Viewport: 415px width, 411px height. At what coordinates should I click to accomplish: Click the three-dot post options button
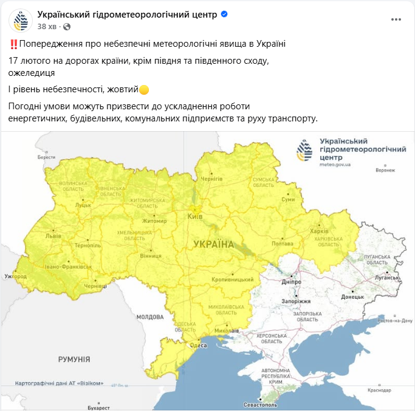(396, 19)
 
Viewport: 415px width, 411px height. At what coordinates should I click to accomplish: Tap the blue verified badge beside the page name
(224, 14)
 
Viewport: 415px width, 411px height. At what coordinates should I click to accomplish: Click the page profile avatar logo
(20, 21)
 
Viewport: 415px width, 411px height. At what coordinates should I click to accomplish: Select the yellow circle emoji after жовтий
(144, 90)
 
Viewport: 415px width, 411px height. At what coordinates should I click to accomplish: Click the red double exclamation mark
(13, 44)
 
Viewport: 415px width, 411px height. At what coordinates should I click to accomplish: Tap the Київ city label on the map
(195, 216)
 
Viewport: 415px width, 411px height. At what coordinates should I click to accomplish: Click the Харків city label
(319, 231)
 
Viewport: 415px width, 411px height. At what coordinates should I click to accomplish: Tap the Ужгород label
(15, 276)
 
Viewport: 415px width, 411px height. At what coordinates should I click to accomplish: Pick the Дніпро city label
(292, 282)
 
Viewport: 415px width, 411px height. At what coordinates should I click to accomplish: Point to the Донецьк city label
(352, 297)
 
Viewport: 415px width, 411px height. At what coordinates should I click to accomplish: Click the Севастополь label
(260, 404)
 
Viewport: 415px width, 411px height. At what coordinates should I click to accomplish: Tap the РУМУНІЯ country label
(74, 359)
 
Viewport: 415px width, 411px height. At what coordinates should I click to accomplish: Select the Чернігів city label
(212, 180)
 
